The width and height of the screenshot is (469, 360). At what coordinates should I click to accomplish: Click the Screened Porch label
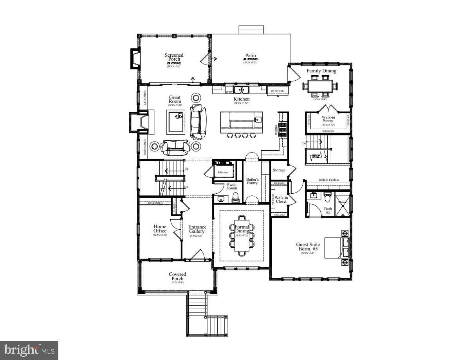click(174, 58)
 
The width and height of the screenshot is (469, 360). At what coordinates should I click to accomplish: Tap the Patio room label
click(250, 56)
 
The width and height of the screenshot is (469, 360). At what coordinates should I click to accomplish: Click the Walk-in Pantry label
click(328, 119)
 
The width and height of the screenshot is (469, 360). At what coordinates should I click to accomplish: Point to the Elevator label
click(223, 172)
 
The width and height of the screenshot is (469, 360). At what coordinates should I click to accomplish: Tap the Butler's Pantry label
click(253, 181)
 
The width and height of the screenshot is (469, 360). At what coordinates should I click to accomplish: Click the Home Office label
click(160, 229)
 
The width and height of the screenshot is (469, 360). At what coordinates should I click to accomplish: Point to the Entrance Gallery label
click(197, 229)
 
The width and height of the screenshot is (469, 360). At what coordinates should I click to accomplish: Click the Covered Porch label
click(177, 276)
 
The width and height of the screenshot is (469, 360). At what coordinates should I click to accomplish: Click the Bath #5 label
click(328, 211)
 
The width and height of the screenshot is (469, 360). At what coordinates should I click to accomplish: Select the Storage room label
click(279, 170)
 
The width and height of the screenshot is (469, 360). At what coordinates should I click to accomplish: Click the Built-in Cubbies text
click(329, 180)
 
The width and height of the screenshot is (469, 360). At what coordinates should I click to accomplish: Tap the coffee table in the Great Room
click(175, 121)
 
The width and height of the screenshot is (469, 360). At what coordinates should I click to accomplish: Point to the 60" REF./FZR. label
click(278, 91)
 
